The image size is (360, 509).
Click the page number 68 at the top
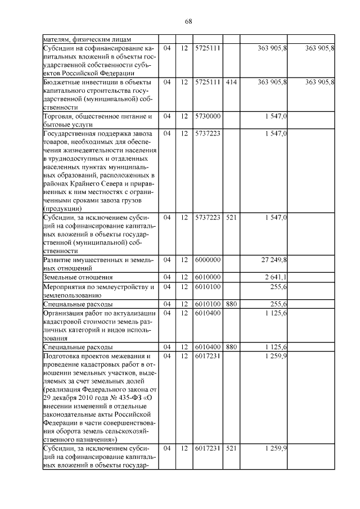tap(188, 21)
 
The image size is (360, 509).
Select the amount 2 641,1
tap(276, 277)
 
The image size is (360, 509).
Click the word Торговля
tap(59, 116)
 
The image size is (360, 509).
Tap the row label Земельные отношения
tap(78, 277)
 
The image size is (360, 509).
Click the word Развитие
tap(61, 259)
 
